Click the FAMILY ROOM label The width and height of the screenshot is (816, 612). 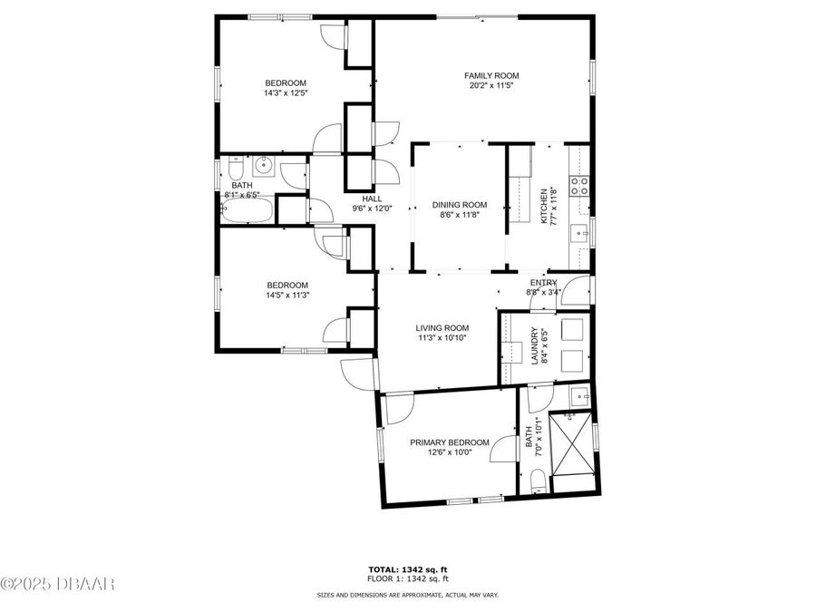point(492,75)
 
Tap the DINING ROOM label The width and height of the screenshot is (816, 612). point(459,205)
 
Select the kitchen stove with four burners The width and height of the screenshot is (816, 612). point(578,186)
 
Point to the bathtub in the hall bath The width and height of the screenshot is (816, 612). point(247,210)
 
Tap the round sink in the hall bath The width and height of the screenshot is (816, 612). point(265,164)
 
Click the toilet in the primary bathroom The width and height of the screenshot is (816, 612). point(536,481)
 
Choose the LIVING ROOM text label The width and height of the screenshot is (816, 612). point(442,328)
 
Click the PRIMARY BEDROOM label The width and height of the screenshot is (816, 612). point(449,442)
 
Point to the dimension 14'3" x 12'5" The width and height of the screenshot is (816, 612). point(285,92)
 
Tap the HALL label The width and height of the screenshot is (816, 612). point(372,199)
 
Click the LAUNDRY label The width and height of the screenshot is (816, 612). point(535,345)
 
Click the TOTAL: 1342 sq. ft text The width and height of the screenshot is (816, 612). point(407,568)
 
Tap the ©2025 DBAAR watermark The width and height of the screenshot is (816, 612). point(58,582)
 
